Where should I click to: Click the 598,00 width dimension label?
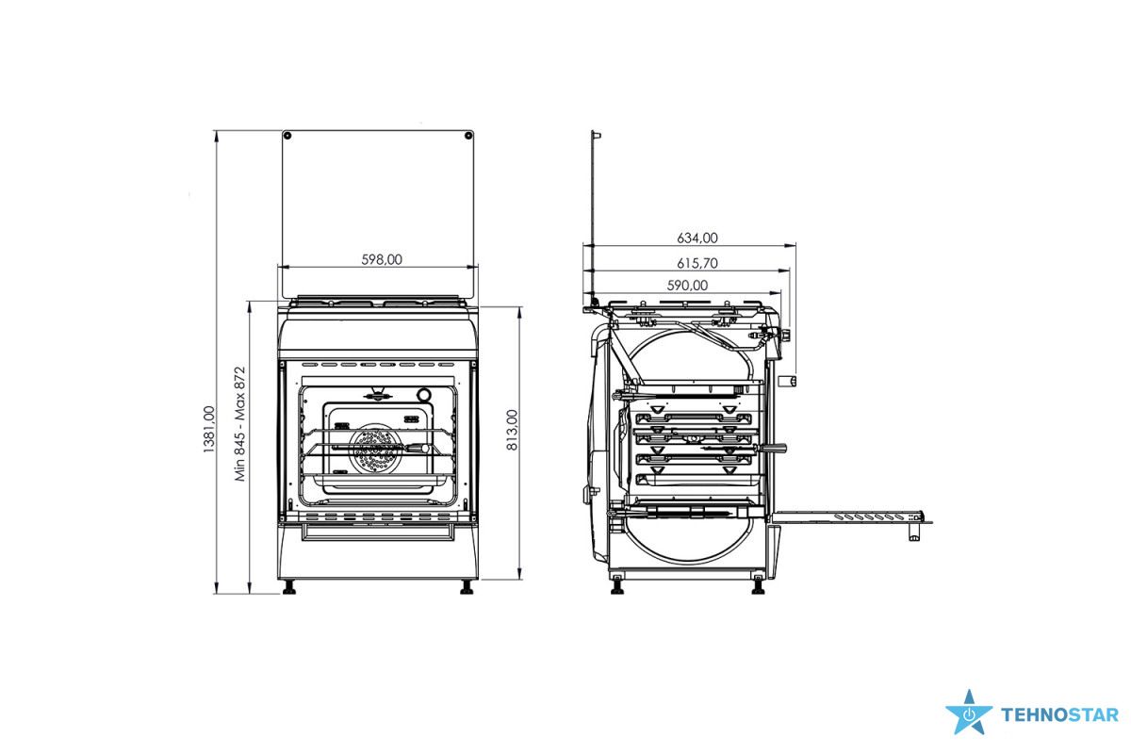(x=382, y=259)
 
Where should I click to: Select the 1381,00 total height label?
(x=208, y=429)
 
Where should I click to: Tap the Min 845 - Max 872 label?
(x=239, y=424)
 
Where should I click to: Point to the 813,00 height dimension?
(x=512, y=430)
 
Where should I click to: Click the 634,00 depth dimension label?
(x=697, y=238)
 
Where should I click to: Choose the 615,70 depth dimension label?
(x=697, y=263)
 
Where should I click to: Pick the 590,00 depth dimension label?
(x=687, y=286)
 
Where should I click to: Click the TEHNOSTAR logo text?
(x=1059, y=715)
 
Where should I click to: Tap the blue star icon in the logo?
(x=969, y=713)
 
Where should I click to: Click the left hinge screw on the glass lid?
(x=287, y=136)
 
